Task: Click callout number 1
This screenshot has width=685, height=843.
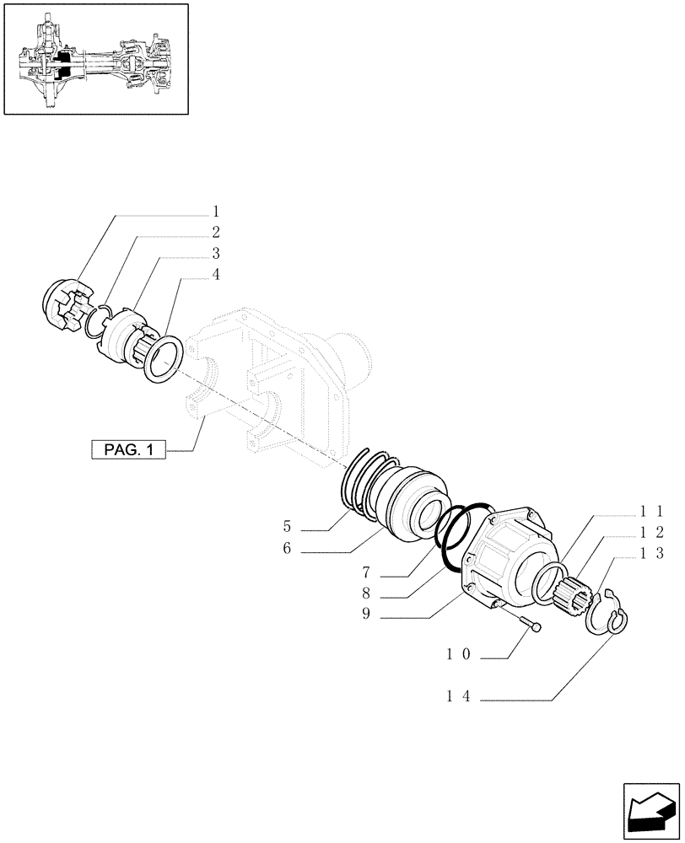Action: [216, 211]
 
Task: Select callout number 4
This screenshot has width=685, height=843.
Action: [216, 274]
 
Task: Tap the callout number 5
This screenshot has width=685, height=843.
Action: [287, 529]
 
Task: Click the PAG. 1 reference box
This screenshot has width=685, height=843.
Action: [127, 450]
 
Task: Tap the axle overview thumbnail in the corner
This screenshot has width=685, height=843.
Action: [95, 58]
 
